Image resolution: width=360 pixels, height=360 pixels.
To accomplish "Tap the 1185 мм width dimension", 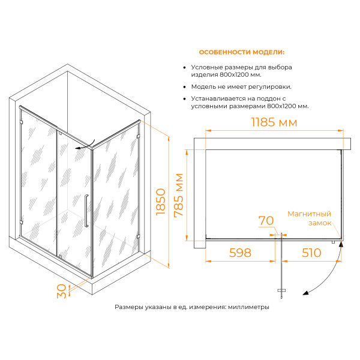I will (x=271, y=122).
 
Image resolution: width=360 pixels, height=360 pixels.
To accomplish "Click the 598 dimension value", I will (x=239, y=253).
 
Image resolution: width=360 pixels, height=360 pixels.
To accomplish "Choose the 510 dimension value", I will (x=311, y=253).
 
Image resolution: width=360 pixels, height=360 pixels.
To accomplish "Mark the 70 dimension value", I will (x=266, y=221).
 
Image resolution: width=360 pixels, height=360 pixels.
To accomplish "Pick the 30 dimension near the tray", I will (x=61, y=291).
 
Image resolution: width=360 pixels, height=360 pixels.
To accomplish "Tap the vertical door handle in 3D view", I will (x=88, y=211).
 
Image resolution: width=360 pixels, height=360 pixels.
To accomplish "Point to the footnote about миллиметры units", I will (x=191, y=307).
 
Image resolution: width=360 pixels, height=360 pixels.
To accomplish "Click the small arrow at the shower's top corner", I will (x=79, y=146).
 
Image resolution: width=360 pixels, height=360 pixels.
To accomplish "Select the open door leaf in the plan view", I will (x=281, y=264).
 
